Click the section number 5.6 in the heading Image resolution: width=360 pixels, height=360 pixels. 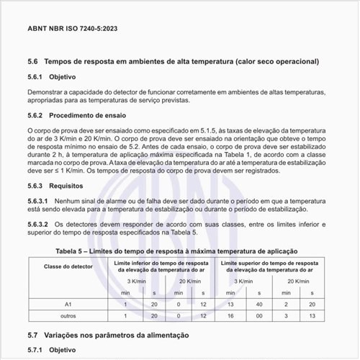click(x=32, y=63)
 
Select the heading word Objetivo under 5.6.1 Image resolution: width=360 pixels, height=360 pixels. click(x=61, y=77)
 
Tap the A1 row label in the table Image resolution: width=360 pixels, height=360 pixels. click(x=68, y=305)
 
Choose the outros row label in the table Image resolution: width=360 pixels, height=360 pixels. click(x=68, y=316)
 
